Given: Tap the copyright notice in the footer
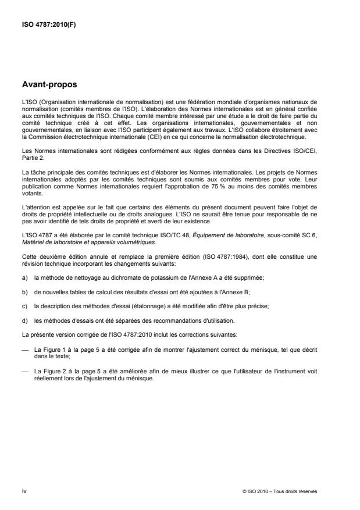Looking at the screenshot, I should tap(280, 491).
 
